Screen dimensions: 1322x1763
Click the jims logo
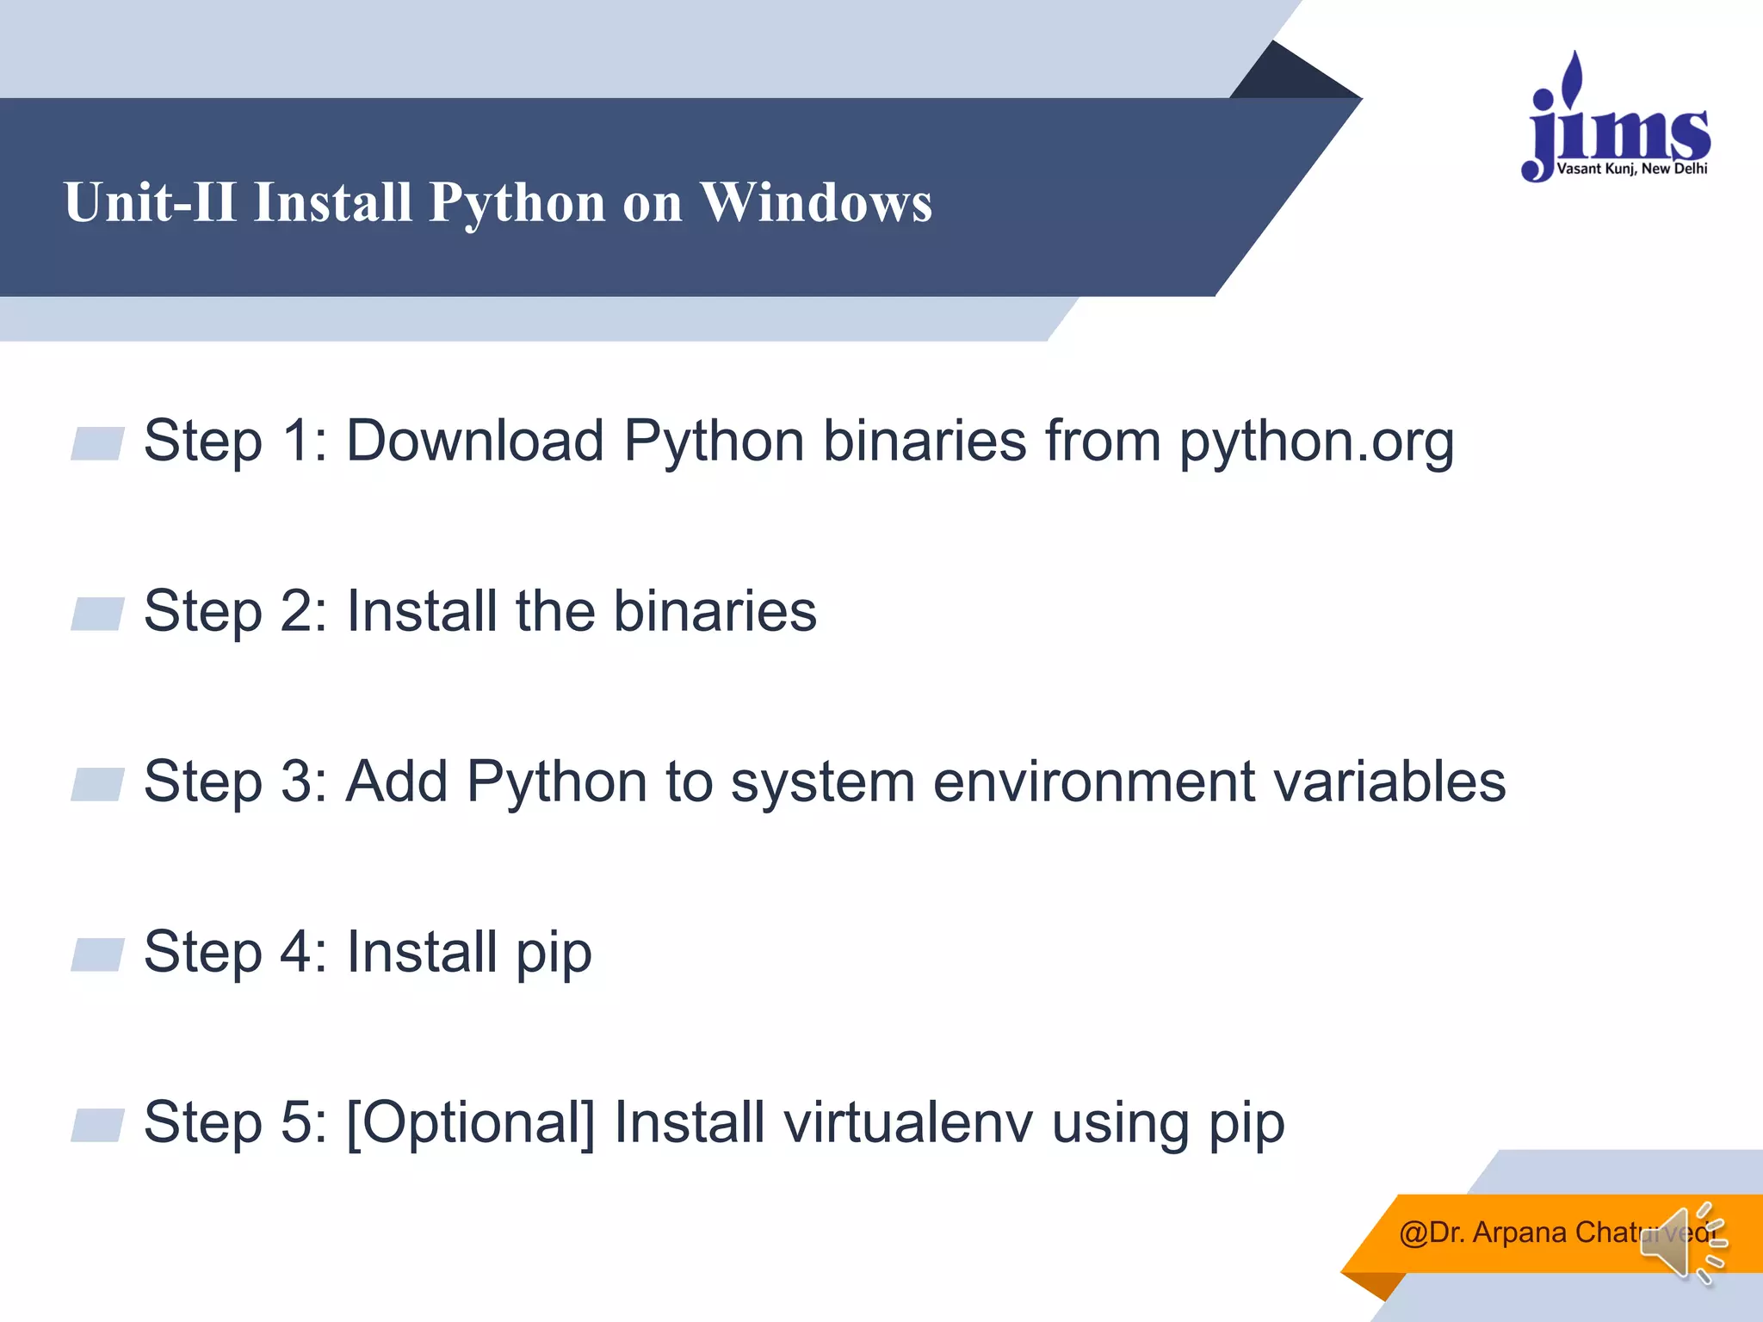click(x=1617, y=120)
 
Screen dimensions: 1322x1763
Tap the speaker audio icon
click(x=1682, y=1244)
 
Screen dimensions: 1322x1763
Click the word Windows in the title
click(x=815, y=203)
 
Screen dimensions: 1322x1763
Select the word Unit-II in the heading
click(x=150, y=203)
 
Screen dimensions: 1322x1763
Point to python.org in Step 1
click(x=1316, y=442)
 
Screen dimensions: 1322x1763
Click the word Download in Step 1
click(x=474, y=441)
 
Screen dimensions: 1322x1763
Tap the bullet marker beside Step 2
click(x=97, y=614)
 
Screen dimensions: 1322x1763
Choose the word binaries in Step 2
click(x=714, y=611)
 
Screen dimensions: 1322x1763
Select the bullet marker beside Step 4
click(x=97, y=954)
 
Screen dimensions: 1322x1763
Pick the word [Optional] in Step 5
click(x=470, y=1123)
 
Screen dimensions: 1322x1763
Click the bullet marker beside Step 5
click(x=97, y=1125)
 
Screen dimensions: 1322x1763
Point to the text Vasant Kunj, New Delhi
click(x=1631, y=169)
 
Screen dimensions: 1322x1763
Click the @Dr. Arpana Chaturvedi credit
click(x=1541, y=1232)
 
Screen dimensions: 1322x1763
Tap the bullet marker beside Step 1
click(x=97, y=443)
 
